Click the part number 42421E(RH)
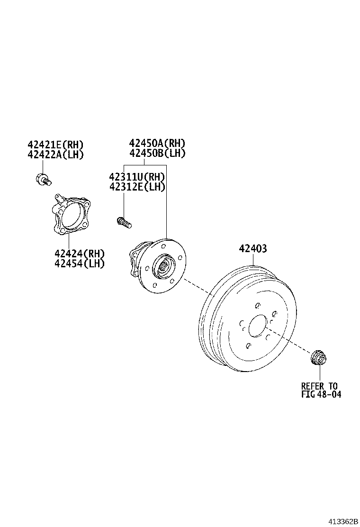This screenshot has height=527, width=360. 55,145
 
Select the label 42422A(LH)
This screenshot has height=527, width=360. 55,154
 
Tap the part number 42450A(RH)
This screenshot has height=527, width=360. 157,143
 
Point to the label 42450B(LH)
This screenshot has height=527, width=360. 157,153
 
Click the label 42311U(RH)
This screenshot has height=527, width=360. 137,177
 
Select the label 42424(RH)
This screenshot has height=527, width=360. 79,254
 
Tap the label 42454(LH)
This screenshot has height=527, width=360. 79,263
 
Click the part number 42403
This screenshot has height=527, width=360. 252,249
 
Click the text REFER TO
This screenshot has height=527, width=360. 319,386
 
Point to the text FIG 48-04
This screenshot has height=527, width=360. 321,394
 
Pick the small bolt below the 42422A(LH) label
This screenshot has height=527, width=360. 43,179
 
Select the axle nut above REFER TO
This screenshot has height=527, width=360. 318,358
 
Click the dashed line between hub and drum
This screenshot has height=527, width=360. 196,287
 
